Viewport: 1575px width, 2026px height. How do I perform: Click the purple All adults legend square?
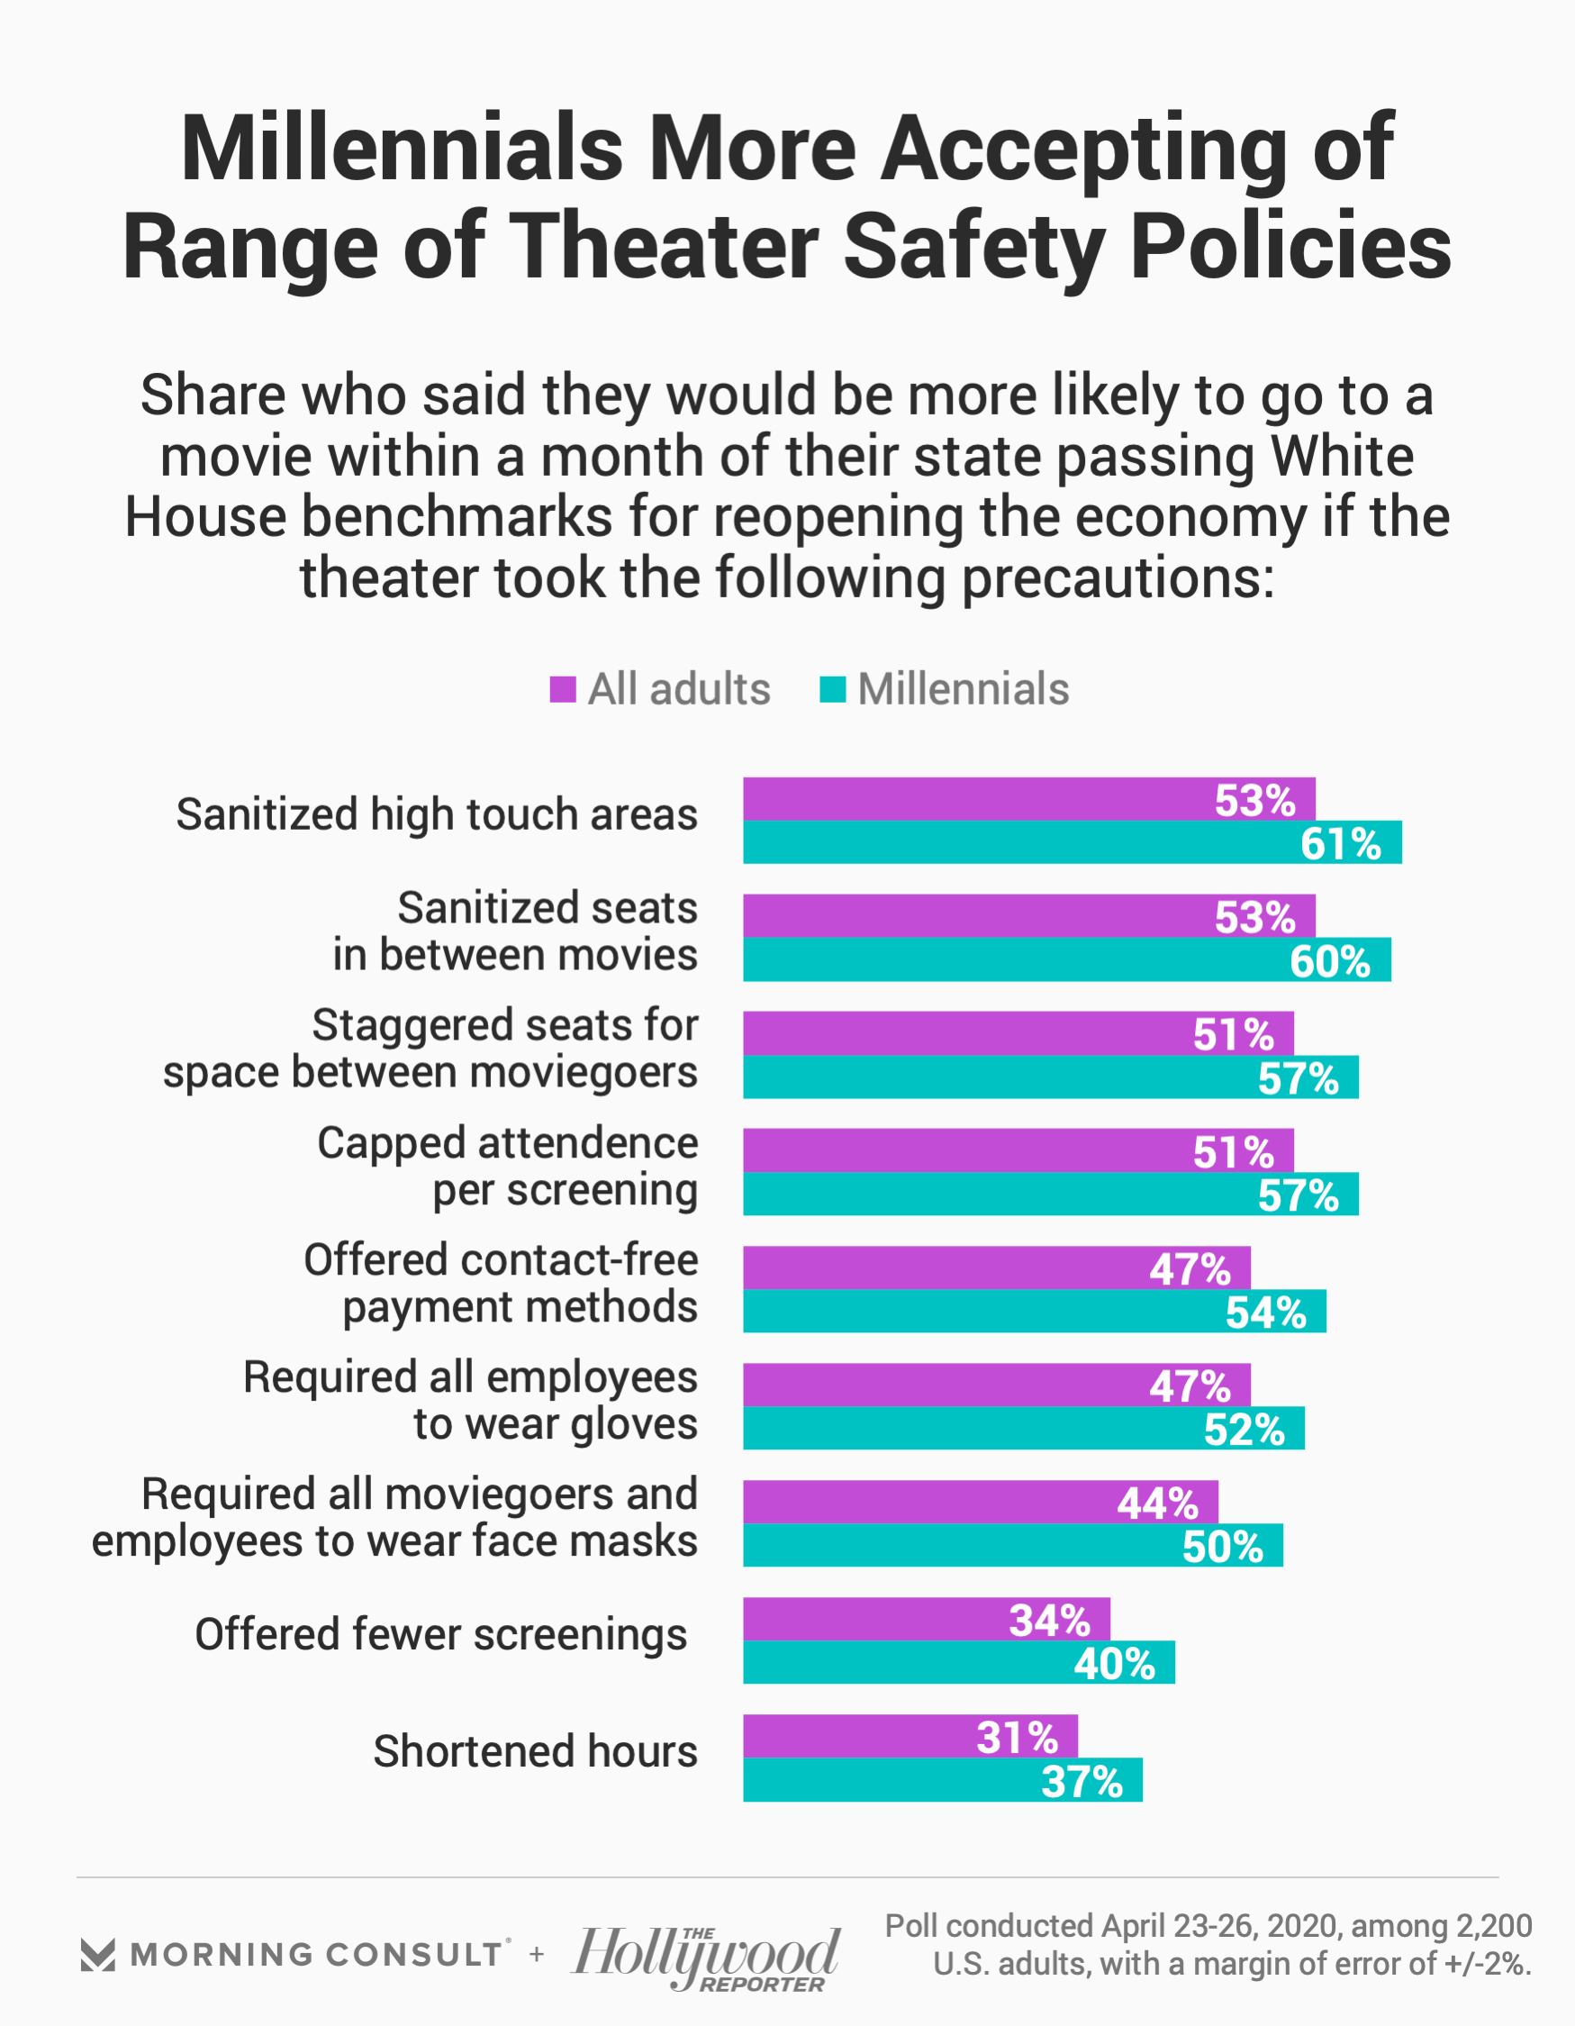(563, 689)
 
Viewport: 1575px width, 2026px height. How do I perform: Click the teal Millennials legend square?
(833, 689)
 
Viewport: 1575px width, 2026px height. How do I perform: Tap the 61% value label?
(1340, 844)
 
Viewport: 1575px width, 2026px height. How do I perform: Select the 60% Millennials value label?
(1329, 961)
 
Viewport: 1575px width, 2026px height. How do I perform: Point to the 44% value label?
(1156, 1503)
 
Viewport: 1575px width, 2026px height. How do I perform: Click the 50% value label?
(1222, 1547)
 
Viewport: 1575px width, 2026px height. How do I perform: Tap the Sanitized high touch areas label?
(437, 814)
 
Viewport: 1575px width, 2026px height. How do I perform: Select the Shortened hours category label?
(535, 1751)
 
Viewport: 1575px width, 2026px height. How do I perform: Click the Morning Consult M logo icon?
(97, 1955)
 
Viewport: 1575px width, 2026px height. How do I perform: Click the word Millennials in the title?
(402, 149)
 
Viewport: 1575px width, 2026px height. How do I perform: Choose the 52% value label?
(1244, 1430)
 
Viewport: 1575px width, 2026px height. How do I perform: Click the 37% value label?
(1082, 1781)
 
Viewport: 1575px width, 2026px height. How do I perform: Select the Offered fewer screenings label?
(440, 1633)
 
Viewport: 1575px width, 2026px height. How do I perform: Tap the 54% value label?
(1265, 1313)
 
